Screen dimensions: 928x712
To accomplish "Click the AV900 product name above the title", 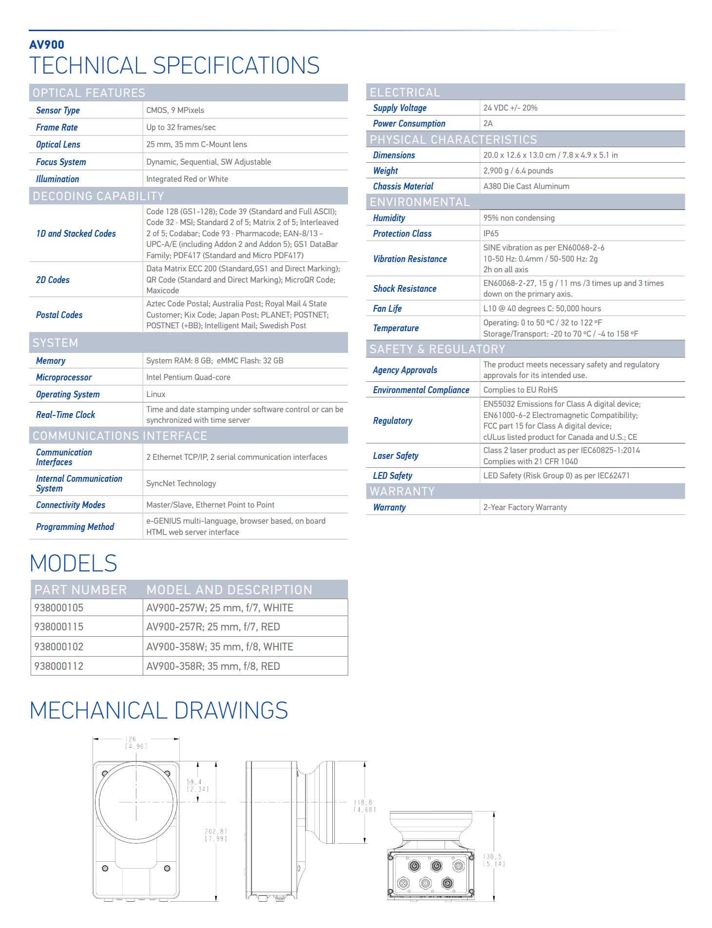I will click(x=47, y=45).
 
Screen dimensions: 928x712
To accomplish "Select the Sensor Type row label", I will click(x=58, y=111).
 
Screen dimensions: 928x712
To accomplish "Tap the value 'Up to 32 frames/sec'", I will click(x=181, y=128).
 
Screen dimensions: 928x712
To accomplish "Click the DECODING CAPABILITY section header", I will click(x=98, y=196).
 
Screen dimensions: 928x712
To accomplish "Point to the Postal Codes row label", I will click(x=59, y=315).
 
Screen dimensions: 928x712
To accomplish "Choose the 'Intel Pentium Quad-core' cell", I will click(x=188, y=378).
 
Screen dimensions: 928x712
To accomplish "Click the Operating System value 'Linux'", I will click(x=156, y=395).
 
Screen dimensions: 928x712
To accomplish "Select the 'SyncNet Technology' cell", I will click(x=181, y=484).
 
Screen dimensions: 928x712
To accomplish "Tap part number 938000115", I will click(x=59, y=627).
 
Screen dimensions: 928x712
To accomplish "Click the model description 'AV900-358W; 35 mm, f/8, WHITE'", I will click(x=220, y=647).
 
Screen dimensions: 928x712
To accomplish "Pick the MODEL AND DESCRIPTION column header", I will click(x=229, y=590).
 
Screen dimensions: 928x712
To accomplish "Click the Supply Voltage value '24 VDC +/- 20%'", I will click(x=510, y=108).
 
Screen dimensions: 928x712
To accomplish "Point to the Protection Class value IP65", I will click(x=491, y=234).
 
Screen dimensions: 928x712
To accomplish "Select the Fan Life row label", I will click(x=387, y=309).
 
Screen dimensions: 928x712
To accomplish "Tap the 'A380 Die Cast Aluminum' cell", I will click(x=526, y=187).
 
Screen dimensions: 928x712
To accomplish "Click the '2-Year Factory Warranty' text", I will click(x=525, y=508).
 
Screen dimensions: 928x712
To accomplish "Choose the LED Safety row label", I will click(x=393, y=476).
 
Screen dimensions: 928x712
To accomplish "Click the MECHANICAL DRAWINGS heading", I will click(x=159, y=711).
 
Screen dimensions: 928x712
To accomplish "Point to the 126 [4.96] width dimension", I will click(x=136, y=743).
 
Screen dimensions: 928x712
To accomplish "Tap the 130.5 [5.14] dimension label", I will click(x=494, y=860).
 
